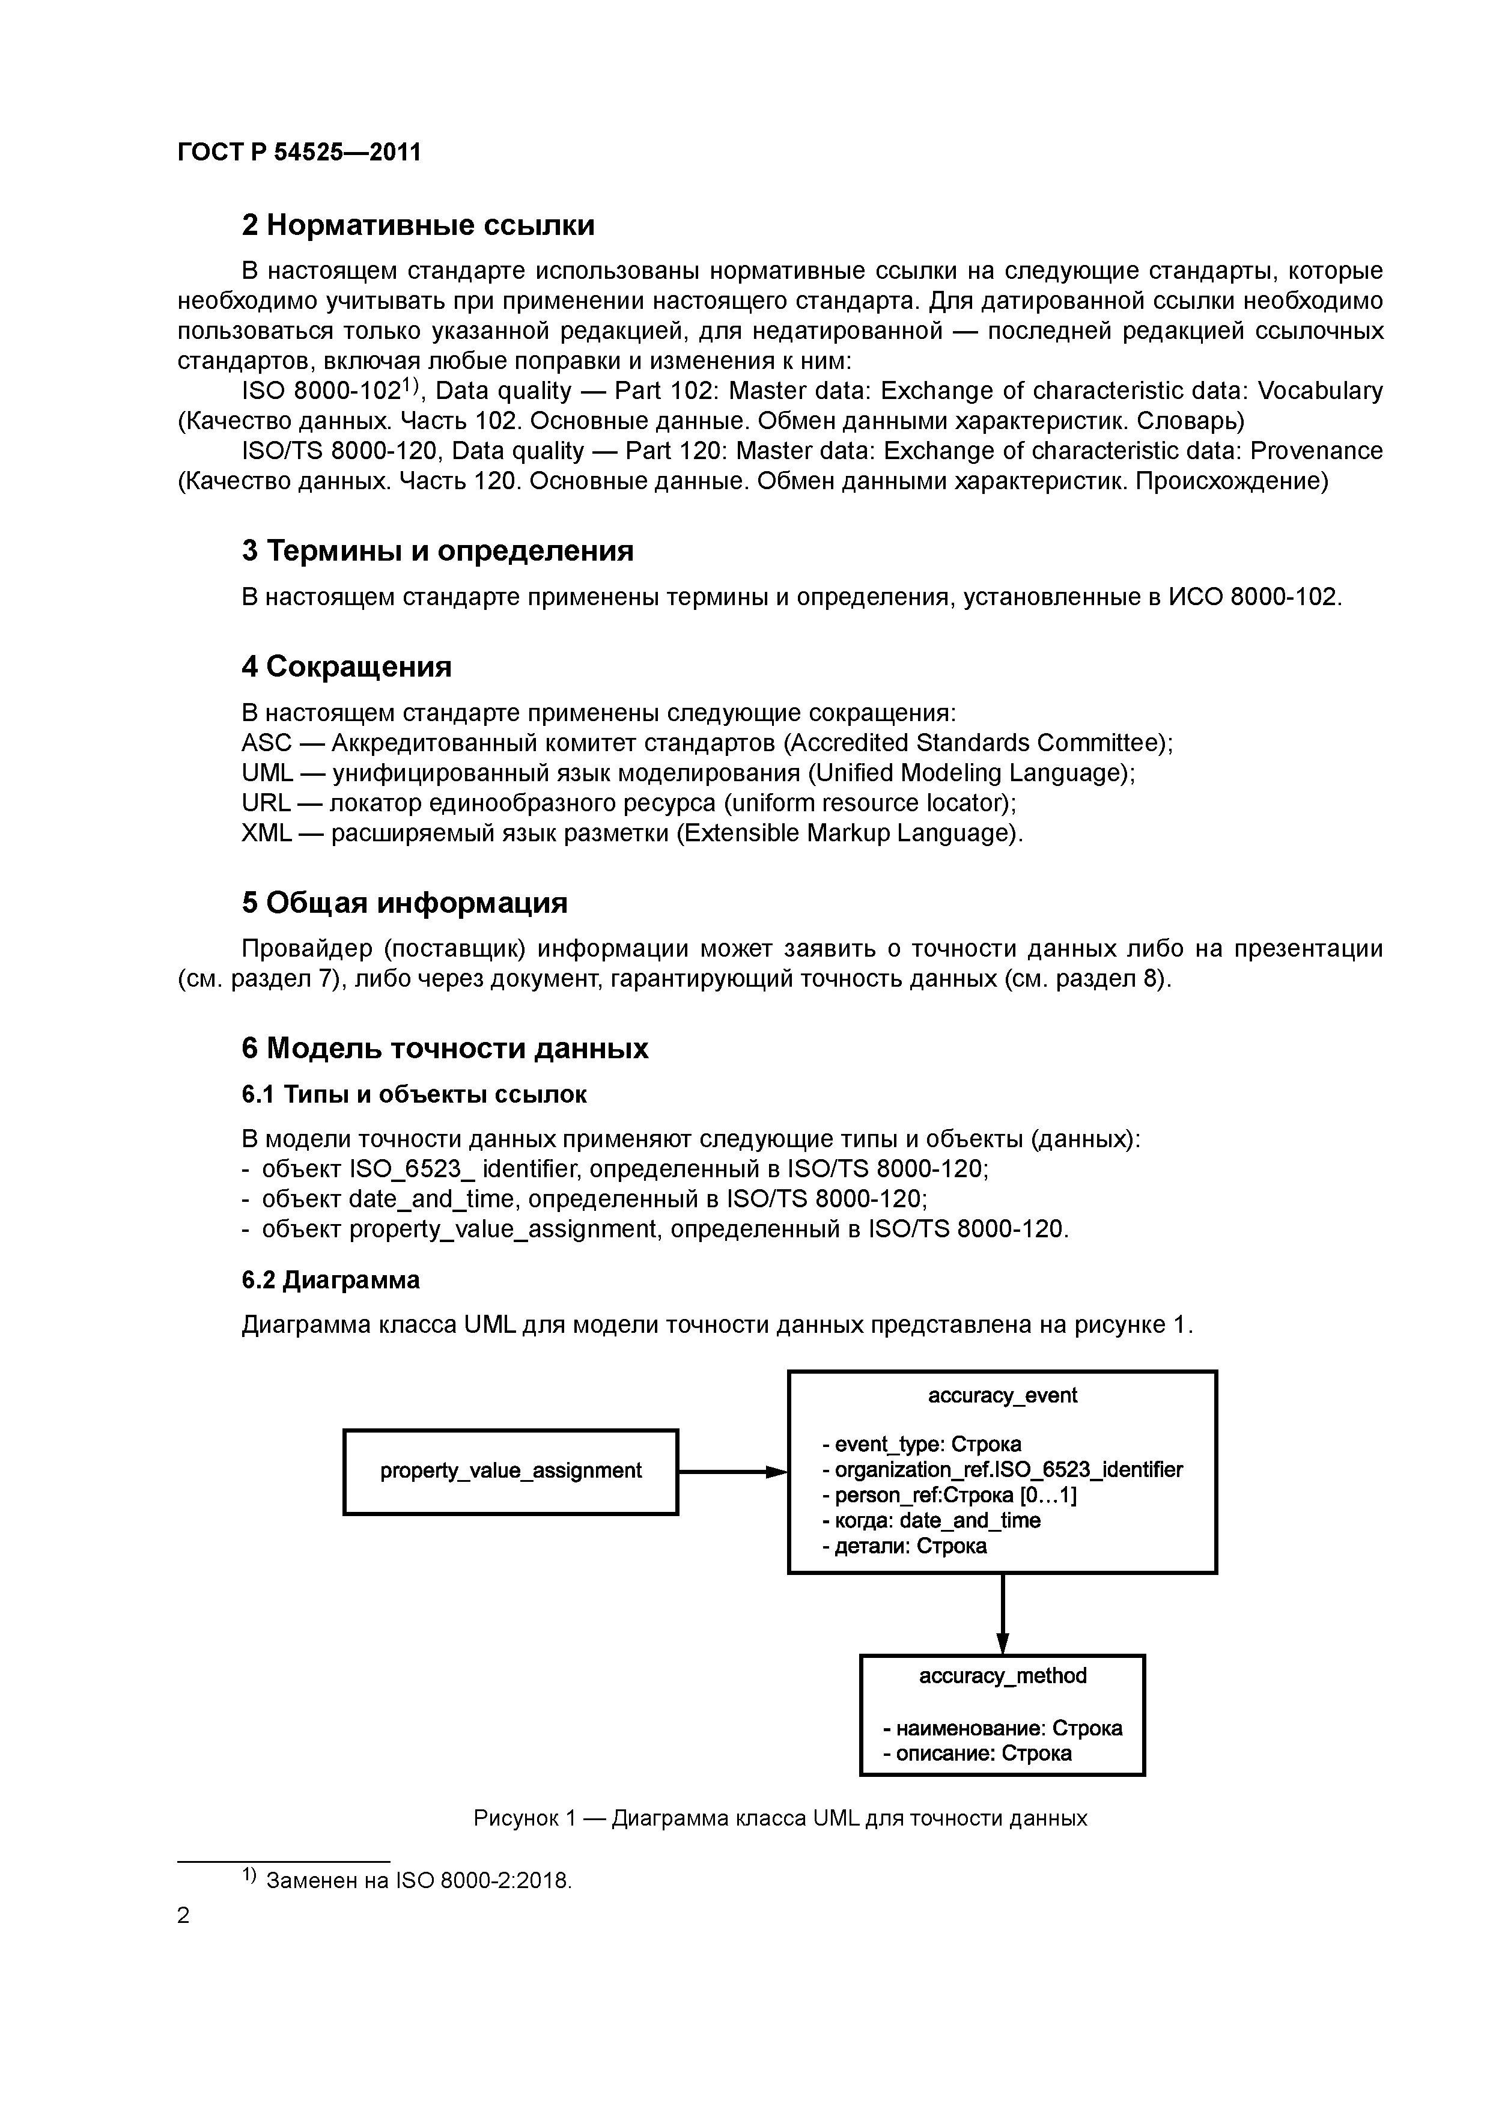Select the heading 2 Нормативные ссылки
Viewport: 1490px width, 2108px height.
(x=418, y=225)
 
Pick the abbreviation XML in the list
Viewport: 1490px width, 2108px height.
(x=266, y=833)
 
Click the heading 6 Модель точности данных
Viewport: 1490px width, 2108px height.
(x=445, y=1049)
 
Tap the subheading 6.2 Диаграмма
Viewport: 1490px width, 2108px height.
(x=330, y=1280)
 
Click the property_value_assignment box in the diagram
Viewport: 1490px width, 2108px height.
(x=511, y=1471)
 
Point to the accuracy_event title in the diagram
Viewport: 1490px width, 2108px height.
(x=1003, y=1395)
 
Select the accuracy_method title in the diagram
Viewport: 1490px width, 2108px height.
(x=1003, y=1675)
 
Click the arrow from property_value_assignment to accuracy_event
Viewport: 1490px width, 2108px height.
(x=732, y=1472)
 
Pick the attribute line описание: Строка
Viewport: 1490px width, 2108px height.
(x=977, y=1753)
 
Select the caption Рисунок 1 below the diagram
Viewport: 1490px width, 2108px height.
(x=780, y=1818)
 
